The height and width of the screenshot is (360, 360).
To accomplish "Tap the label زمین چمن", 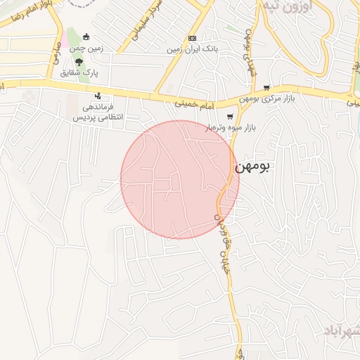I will click(x=86, y=48).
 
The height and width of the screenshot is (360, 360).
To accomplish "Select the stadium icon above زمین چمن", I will click(x=86, y=37).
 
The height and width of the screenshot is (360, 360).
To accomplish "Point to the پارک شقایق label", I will click(x=79, y=72).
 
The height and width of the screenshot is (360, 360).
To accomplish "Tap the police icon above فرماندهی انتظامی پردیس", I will click(x=98, y=96).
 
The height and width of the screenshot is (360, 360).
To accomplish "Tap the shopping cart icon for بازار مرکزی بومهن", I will click(x=266, y=88).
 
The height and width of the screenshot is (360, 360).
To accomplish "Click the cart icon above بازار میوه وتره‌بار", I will click(x=229, y=117).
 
